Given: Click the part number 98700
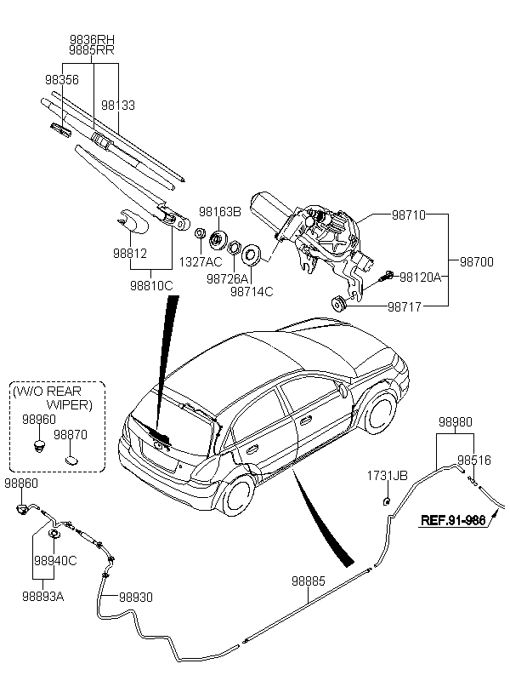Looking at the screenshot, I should click(476, 262).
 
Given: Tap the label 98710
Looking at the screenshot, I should click(408, 217).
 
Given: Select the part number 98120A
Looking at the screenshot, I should click(420, 277).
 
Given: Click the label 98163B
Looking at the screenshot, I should click(220, 211).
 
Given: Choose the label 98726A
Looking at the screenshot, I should click(227, 278).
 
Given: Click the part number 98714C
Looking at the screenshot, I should click(252, 291).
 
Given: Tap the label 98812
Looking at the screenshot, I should click(130, 254).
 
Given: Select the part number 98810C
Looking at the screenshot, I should click(152, 286).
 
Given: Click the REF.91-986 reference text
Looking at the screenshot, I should click(452, 521).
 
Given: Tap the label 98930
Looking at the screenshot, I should click(136, 598).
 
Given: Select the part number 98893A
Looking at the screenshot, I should click(43, 597).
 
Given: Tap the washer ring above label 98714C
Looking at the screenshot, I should click(252, 254).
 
